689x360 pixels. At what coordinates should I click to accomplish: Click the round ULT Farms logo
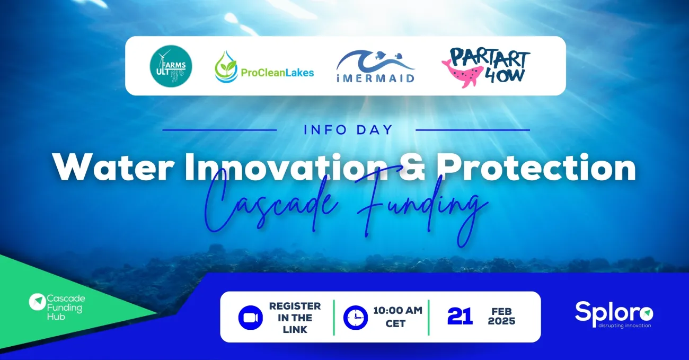point(171,66)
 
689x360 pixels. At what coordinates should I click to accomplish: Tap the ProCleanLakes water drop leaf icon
point(226,67)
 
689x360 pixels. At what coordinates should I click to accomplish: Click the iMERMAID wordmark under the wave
point(375,77)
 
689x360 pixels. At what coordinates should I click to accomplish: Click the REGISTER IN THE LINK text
point(295,318)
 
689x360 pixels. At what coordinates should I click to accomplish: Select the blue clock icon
point(355,318)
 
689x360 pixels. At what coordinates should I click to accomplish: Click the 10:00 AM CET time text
point(397,317)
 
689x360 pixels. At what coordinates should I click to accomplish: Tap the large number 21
point(460,317)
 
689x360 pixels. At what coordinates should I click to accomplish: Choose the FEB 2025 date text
point(501,317)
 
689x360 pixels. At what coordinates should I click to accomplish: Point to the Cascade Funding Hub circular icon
point(37,302)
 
